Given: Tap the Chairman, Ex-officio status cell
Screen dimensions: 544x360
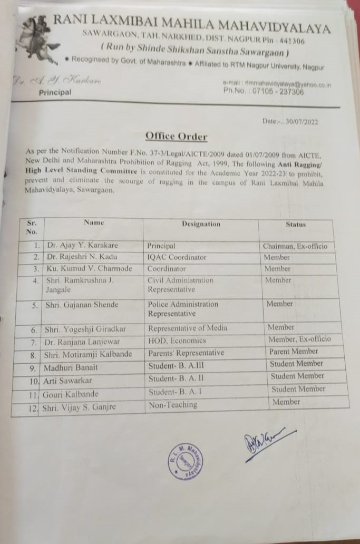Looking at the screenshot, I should point(295,246).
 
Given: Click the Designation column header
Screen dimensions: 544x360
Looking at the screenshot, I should point(201,224).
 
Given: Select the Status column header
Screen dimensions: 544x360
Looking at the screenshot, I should point(295,224).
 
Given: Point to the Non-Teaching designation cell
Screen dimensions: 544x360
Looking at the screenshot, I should point(173,405).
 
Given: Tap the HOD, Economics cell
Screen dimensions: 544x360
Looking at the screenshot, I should point(176,341).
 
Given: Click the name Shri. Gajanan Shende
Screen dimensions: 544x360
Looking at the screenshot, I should point(81,305).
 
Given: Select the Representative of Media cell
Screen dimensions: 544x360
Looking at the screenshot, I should point(187,328).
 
